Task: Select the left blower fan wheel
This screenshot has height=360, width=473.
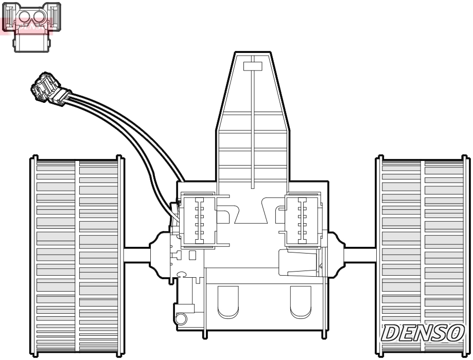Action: click(x=76, y=256)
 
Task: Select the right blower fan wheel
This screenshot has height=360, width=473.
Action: click(x=422, y=256)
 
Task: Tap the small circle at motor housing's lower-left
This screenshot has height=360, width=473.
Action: click(x=181, y=319)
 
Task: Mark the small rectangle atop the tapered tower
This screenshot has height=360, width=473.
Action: click(x=252, y=66)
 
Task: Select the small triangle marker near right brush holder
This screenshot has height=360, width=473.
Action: click(x=321, y=266)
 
